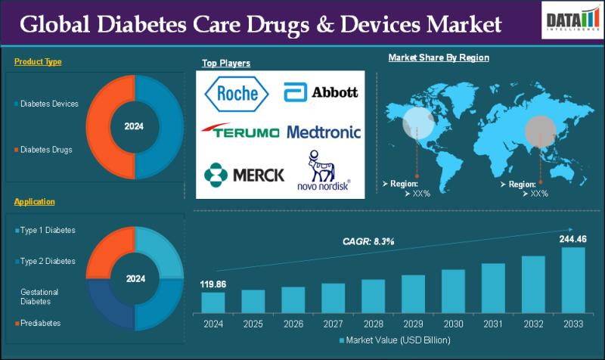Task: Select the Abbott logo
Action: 321,92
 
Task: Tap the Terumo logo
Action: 240,132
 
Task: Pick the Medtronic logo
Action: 324,132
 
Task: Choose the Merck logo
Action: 244,175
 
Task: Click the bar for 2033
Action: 572,280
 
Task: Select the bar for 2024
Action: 213,302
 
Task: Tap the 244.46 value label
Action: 572,238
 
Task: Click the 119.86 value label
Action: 213,284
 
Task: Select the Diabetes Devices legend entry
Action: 48,104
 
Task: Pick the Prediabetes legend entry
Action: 42,323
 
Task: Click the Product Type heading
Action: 38,62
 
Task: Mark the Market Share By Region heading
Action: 439,57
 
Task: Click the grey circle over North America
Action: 417,121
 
